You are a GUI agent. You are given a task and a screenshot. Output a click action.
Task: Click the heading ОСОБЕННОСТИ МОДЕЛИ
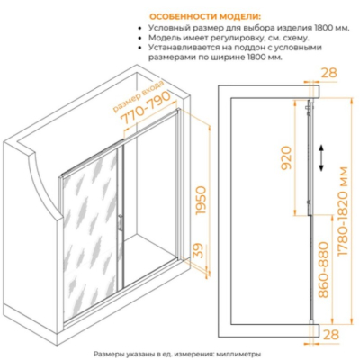click(205, 16)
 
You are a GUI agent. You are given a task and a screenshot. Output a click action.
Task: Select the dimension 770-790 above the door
click(146, 108)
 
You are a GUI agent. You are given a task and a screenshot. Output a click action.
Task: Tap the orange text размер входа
click(139, 96)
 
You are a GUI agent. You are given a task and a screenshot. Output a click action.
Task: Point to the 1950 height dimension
click(201, 201)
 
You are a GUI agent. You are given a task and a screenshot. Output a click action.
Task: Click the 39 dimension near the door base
click(197, 250)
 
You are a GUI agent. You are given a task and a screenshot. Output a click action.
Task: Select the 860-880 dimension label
click(323, 270)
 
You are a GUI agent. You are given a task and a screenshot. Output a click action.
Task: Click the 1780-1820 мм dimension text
click(343, 211)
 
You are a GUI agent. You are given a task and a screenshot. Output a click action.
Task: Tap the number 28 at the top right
click(329, 73)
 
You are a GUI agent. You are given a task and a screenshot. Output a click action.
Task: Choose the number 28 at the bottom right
click(331, 335)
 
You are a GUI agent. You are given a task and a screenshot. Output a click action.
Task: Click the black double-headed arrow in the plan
click(321, 158)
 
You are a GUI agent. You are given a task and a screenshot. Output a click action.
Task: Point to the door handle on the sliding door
click(120, 223)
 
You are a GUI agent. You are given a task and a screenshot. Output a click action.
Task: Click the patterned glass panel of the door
click(91, 237)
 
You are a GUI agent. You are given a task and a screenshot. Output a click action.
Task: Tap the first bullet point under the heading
click(139, 29)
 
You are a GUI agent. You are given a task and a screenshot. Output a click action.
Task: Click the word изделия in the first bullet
click(294, 29)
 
